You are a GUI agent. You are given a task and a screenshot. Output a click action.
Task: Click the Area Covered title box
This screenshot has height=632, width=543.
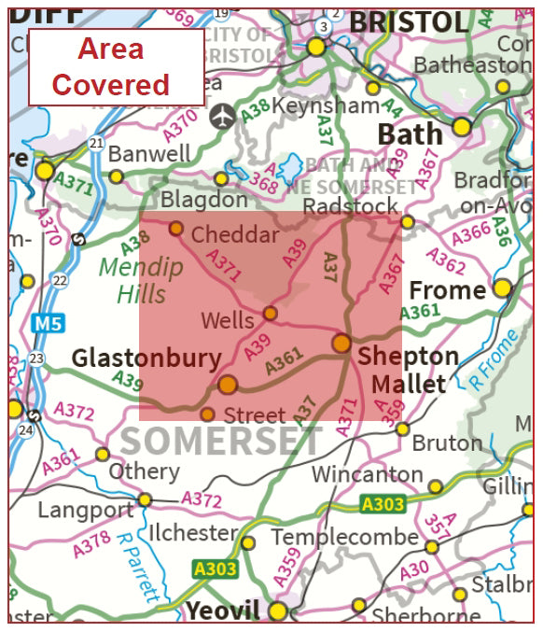(x=116, y=66)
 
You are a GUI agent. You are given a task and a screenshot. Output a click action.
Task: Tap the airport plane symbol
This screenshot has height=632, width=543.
(x=221, y=117)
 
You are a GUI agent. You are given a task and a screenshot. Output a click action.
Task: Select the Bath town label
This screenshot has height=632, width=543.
(x=410, y=134)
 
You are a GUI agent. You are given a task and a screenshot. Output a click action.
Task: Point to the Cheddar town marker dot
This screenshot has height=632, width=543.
(x=175, y=228)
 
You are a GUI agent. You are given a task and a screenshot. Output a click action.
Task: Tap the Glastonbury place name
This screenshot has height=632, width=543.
(x=146, y=358)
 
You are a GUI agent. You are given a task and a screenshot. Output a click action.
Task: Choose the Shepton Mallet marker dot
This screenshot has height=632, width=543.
(x=341, y=343)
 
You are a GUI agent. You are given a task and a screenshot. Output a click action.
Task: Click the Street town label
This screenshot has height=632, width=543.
(x=256, y=414)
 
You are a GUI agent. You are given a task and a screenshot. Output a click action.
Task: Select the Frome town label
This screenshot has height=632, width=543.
(x=448, y=290)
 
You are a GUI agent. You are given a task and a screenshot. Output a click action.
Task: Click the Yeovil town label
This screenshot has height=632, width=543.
(x=223, y=611)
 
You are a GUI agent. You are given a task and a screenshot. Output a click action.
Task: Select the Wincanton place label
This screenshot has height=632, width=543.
(x=367, y=474)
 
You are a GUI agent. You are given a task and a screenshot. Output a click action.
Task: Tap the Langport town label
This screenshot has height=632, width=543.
(x=86, y=510)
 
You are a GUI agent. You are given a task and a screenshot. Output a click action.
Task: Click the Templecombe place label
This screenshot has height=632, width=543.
(x=345, y=539)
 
